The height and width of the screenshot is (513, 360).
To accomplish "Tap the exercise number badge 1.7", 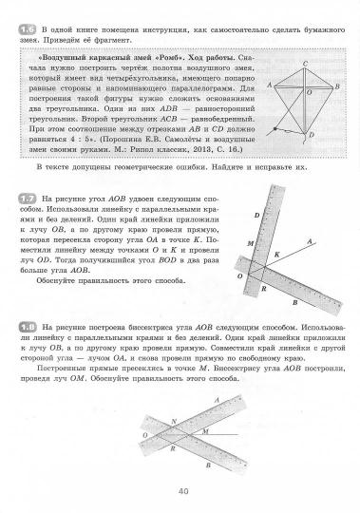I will coord(26,197).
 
